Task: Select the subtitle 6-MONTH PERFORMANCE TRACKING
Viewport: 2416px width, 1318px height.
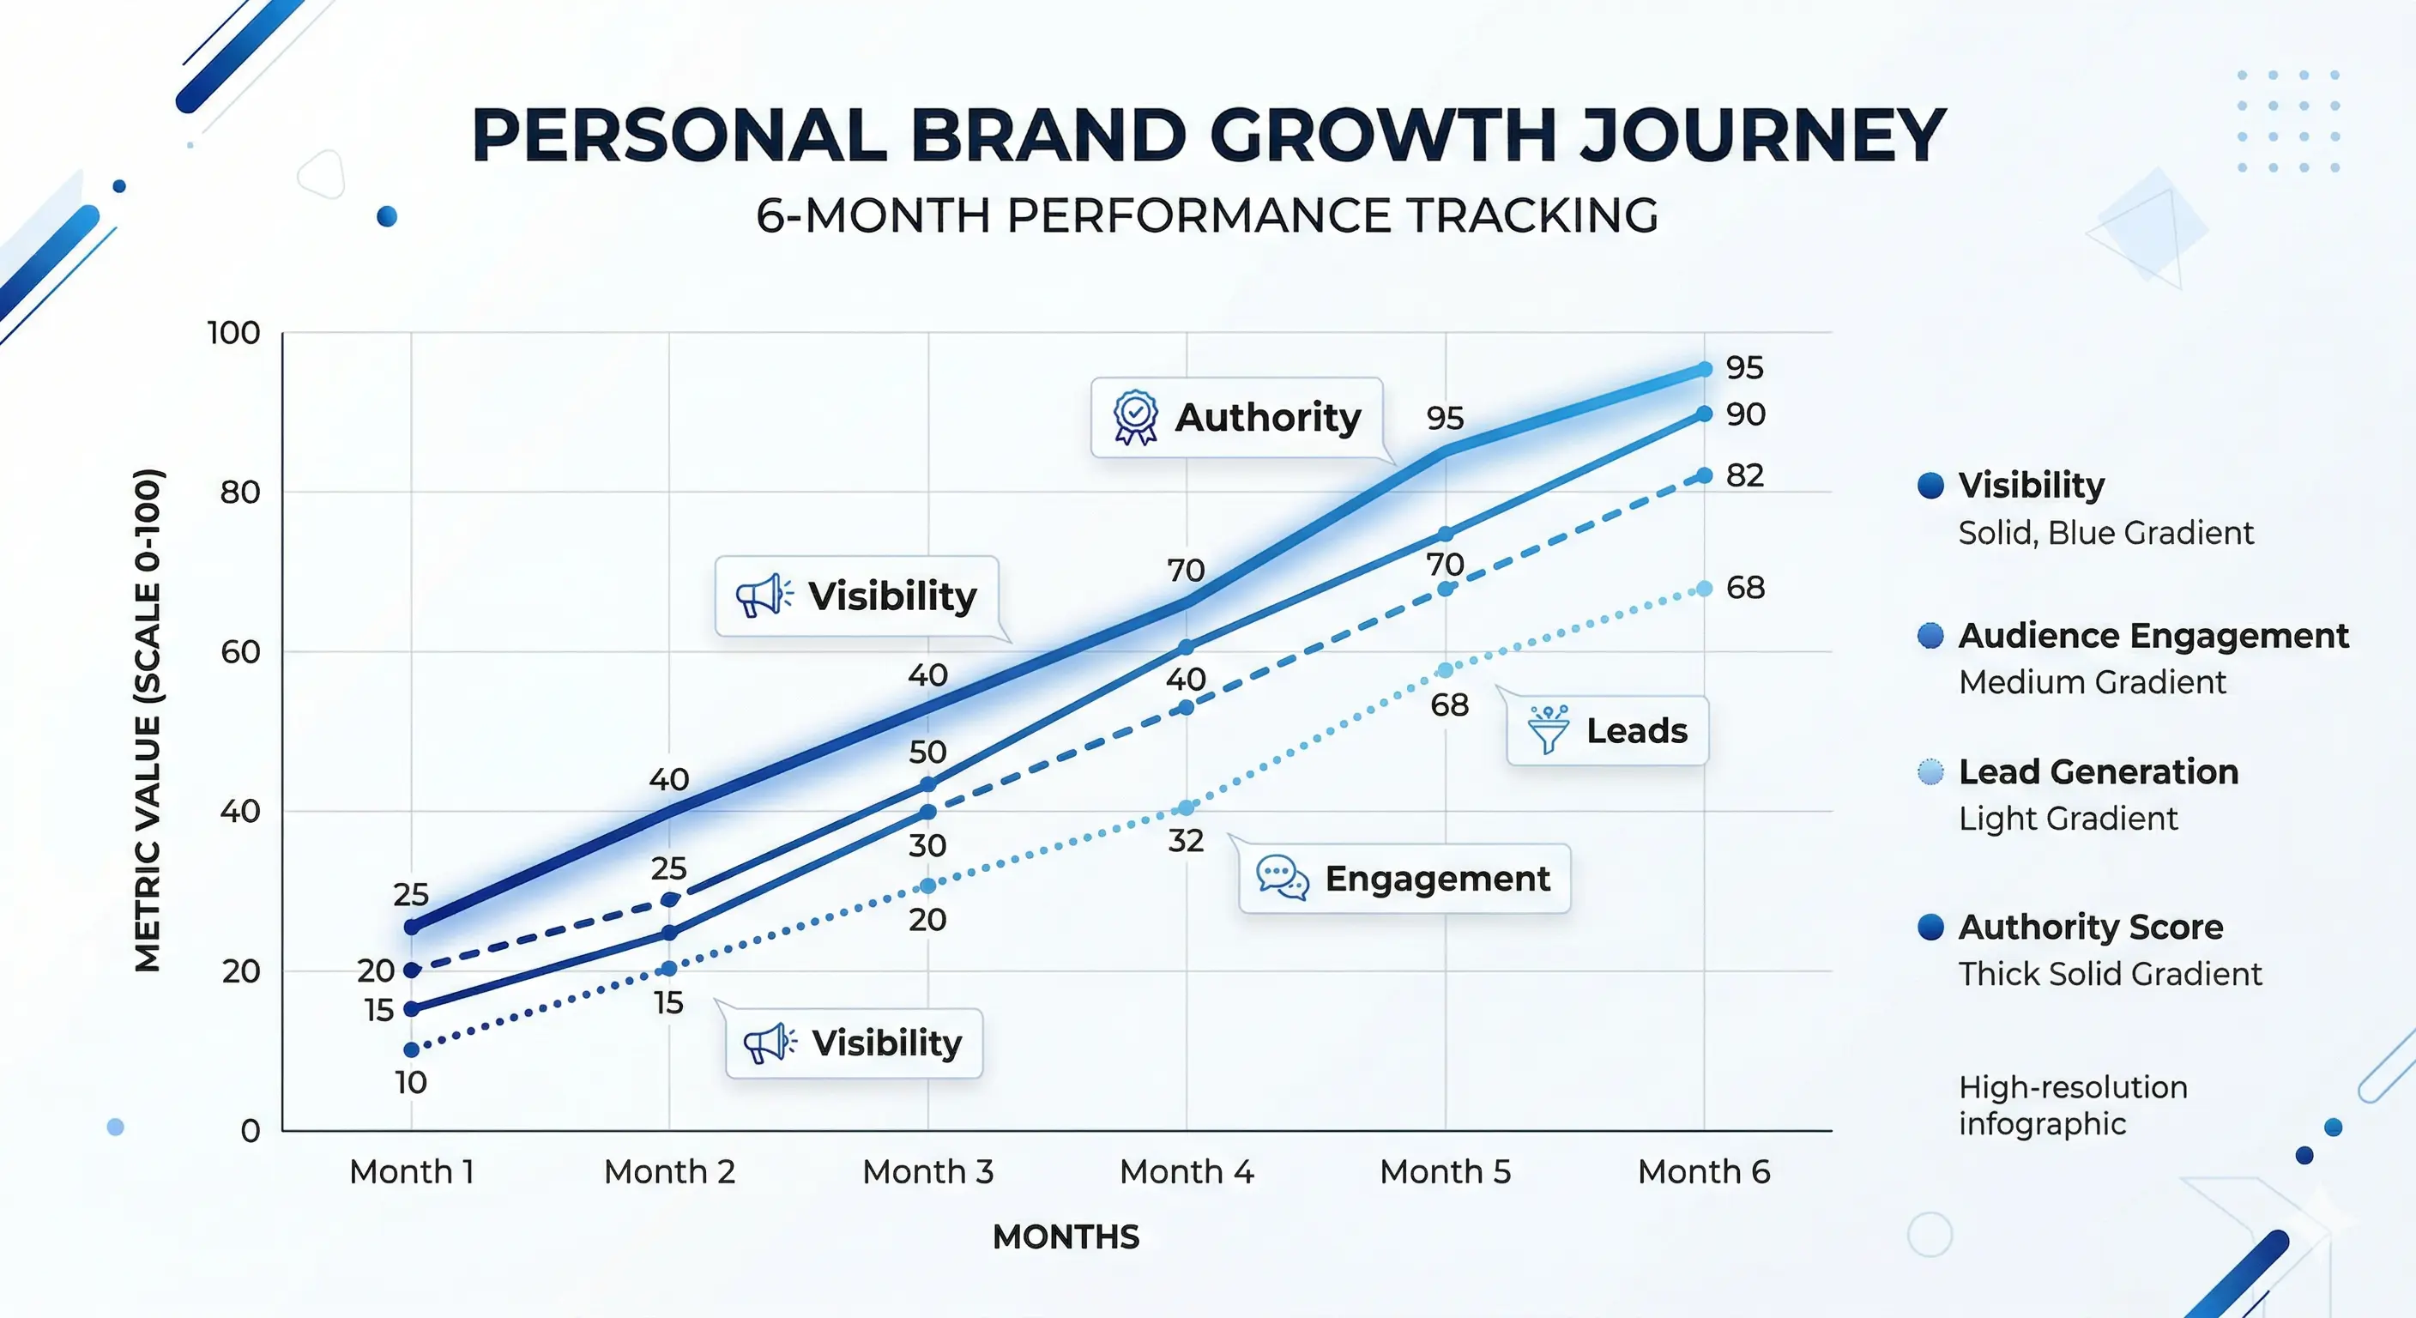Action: tap(1207, 215)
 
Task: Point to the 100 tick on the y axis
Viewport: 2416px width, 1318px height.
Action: tap(233, 333)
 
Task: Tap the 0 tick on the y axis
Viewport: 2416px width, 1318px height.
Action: tap(250, 1130)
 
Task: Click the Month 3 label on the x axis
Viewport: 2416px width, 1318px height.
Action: tap(927, 1171)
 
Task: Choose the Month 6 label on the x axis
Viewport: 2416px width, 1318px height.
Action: tap(1703, 1171)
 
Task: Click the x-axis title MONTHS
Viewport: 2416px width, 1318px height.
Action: tap(1066, 1236)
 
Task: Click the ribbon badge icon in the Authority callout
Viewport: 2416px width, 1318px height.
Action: tap(1135, 417)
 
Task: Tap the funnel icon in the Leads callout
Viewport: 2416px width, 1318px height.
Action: tap(1548, 730)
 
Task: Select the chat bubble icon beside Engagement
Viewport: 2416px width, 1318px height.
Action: tap(1281, 878)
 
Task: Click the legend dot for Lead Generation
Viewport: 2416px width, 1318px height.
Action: tap(1930, 772)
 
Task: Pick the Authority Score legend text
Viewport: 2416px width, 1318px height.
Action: tap(2091, 927)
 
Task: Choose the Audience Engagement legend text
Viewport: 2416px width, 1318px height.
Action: tap(2153, 636)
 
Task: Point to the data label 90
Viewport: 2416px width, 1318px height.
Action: tap(1745, 414)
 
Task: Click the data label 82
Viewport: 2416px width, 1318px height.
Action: tap(1744, 475)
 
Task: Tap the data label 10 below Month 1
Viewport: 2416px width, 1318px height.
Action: tap(411, 1083)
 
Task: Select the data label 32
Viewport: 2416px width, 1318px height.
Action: tap(1186, 841)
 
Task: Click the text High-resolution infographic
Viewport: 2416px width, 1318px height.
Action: tap(2073, 1105)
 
